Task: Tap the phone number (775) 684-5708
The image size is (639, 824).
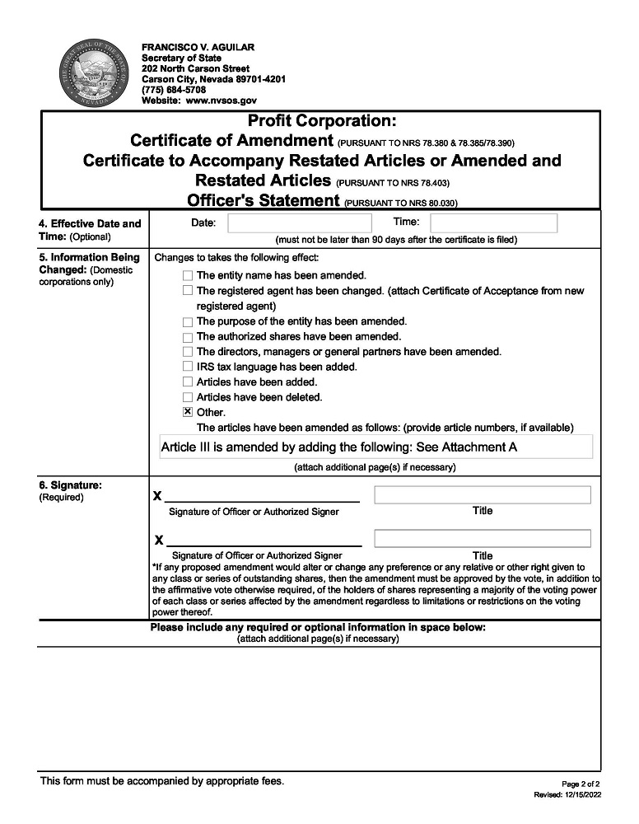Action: click(174, 90)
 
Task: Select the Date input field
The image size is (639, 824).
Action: click(300, 223)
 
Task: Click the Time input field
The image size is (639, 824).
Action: click(494, 223)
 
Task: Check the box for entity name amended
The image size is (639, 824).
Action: click(188, 275)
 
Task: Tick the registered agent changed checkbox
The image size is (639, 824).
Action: click(188, 291)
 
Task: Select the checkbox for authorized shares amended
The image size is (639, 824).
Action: click(188, 337)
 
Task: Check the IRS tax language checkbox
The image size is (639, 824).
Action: click(188, 367)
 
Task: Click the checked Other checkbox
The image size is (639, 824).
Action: click(188, 412)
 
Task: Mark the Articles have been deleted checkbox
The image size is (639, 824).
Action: click(188, 397)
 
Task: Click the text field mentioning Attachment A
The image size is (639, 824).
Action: click(376, 447)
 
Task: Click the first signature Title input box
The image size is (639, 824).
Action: click(483, 494)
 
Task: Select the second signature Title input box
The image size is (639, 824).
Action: click(483, 538)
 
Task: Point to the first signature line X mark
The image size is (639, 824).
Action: click(157, 497)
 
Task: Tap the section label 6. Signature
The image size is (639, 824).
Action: click(71, 485)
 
